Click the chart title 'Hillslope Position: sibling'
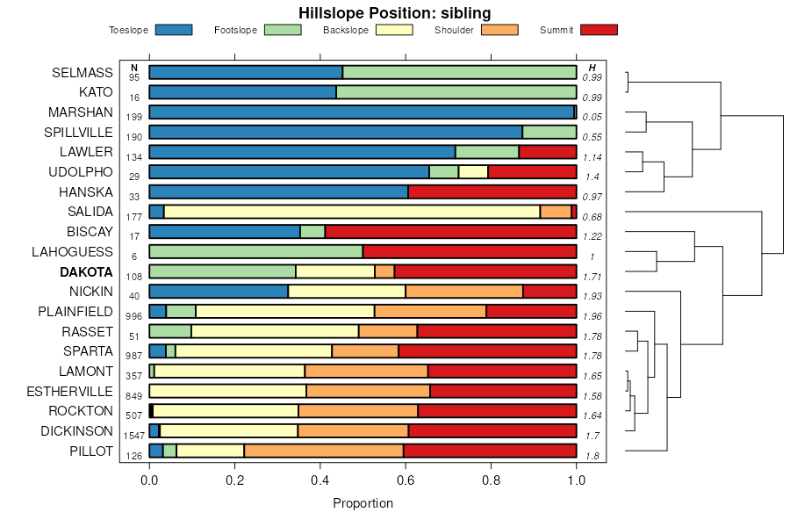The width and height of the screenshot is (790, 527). (394, 13)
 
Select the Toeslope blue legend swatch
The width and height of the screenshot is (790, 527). (173, 30)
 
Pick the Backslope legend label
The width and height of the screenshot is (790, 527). (345, 30)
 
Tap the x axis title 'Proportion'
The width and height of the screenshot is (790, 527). (363, 503)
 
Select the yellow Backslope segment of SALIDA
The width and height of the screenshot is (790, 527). (351, 212)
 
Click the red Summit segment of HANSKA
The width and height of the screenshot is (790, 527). (492, 191)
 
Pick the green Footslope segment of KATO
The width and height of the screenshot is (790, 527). (456, 92)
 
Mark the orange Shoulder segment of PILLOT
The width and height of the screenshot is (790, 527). (298, 451)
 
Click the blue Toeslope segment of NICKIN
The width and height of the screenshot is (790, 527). (219, 292)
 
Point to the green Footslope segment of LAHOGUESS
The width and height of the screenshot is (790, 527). (255, 251)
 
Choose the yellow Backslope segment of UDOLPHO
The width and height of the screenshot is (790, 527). (473, 171)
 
